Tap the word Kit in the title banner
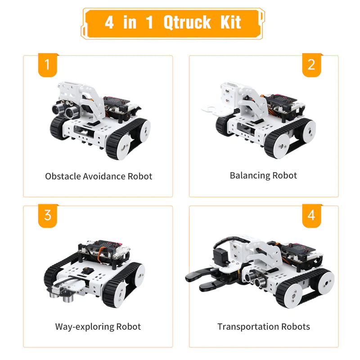tap(230, 22)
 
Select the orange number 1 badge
tap(47, 65)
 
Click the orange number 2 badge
tap(311, 65)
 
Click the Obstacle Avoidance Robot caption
tap(99, 176)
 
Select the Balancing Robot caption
tap(263, 175)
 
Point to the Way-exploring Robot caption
tap(98, 326)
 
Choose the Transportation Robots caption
tap(263, 326)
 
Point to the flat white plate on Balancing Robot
tap(211, 109)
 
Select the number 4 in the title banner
tap(109, 22)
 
